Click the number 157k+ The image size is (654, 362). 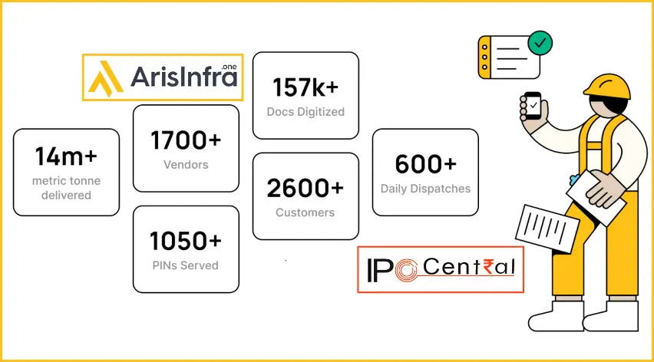pyautogui.click(x=306, y=87)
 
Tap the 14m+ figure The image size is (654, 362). pyautogui.click(x=66, y=156)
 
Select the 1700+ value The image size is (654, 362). pyautogui.click(x=186, y=140)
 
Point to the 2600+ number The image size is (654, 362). pyautogui.click(x=306, y=188)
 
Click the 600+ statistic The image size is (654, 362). pyautogui.click(x=425, y=163)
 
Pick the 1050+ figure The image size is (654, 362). pyautogui.click(x=186, y=241)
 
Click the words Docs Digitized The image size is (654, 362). pyautogui.click(x=306, y=112)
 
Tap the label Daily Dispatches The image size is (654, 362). pyautogui.click(x=425, y=189)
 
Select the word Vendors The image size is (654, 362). pyautogui.click(x=186, y=165)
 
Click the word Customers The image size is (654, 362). pyautogui.click(x=306, y=212)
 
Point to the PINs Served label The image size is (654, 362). pyautogui.click(x=186, y=265)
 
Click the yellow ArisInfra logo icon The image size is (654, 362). pyautogui.click(x=106, y=78)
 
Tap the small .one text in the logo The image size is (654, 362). pyautogui.click(x=229, y=67)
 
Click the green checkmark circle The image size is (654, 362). pyautogui.click(x=540, y=43)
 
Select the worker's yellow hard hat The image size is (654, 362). pyautogui.click(x=607, y=87)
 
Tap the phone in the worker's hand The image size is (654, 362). pyautogui.click(x=532, y=106)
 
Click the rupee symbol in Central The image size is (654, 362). pyautogui.click(x=488, y=267)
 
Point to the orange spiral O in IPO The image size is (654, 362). pyautogui.click(x=406, y=270)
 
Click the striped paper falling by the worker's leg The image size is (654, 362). pyautogui.click(x=547, y=229)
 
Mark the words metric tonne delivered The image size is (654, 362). pyautogui.click(x=66, y=188)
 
